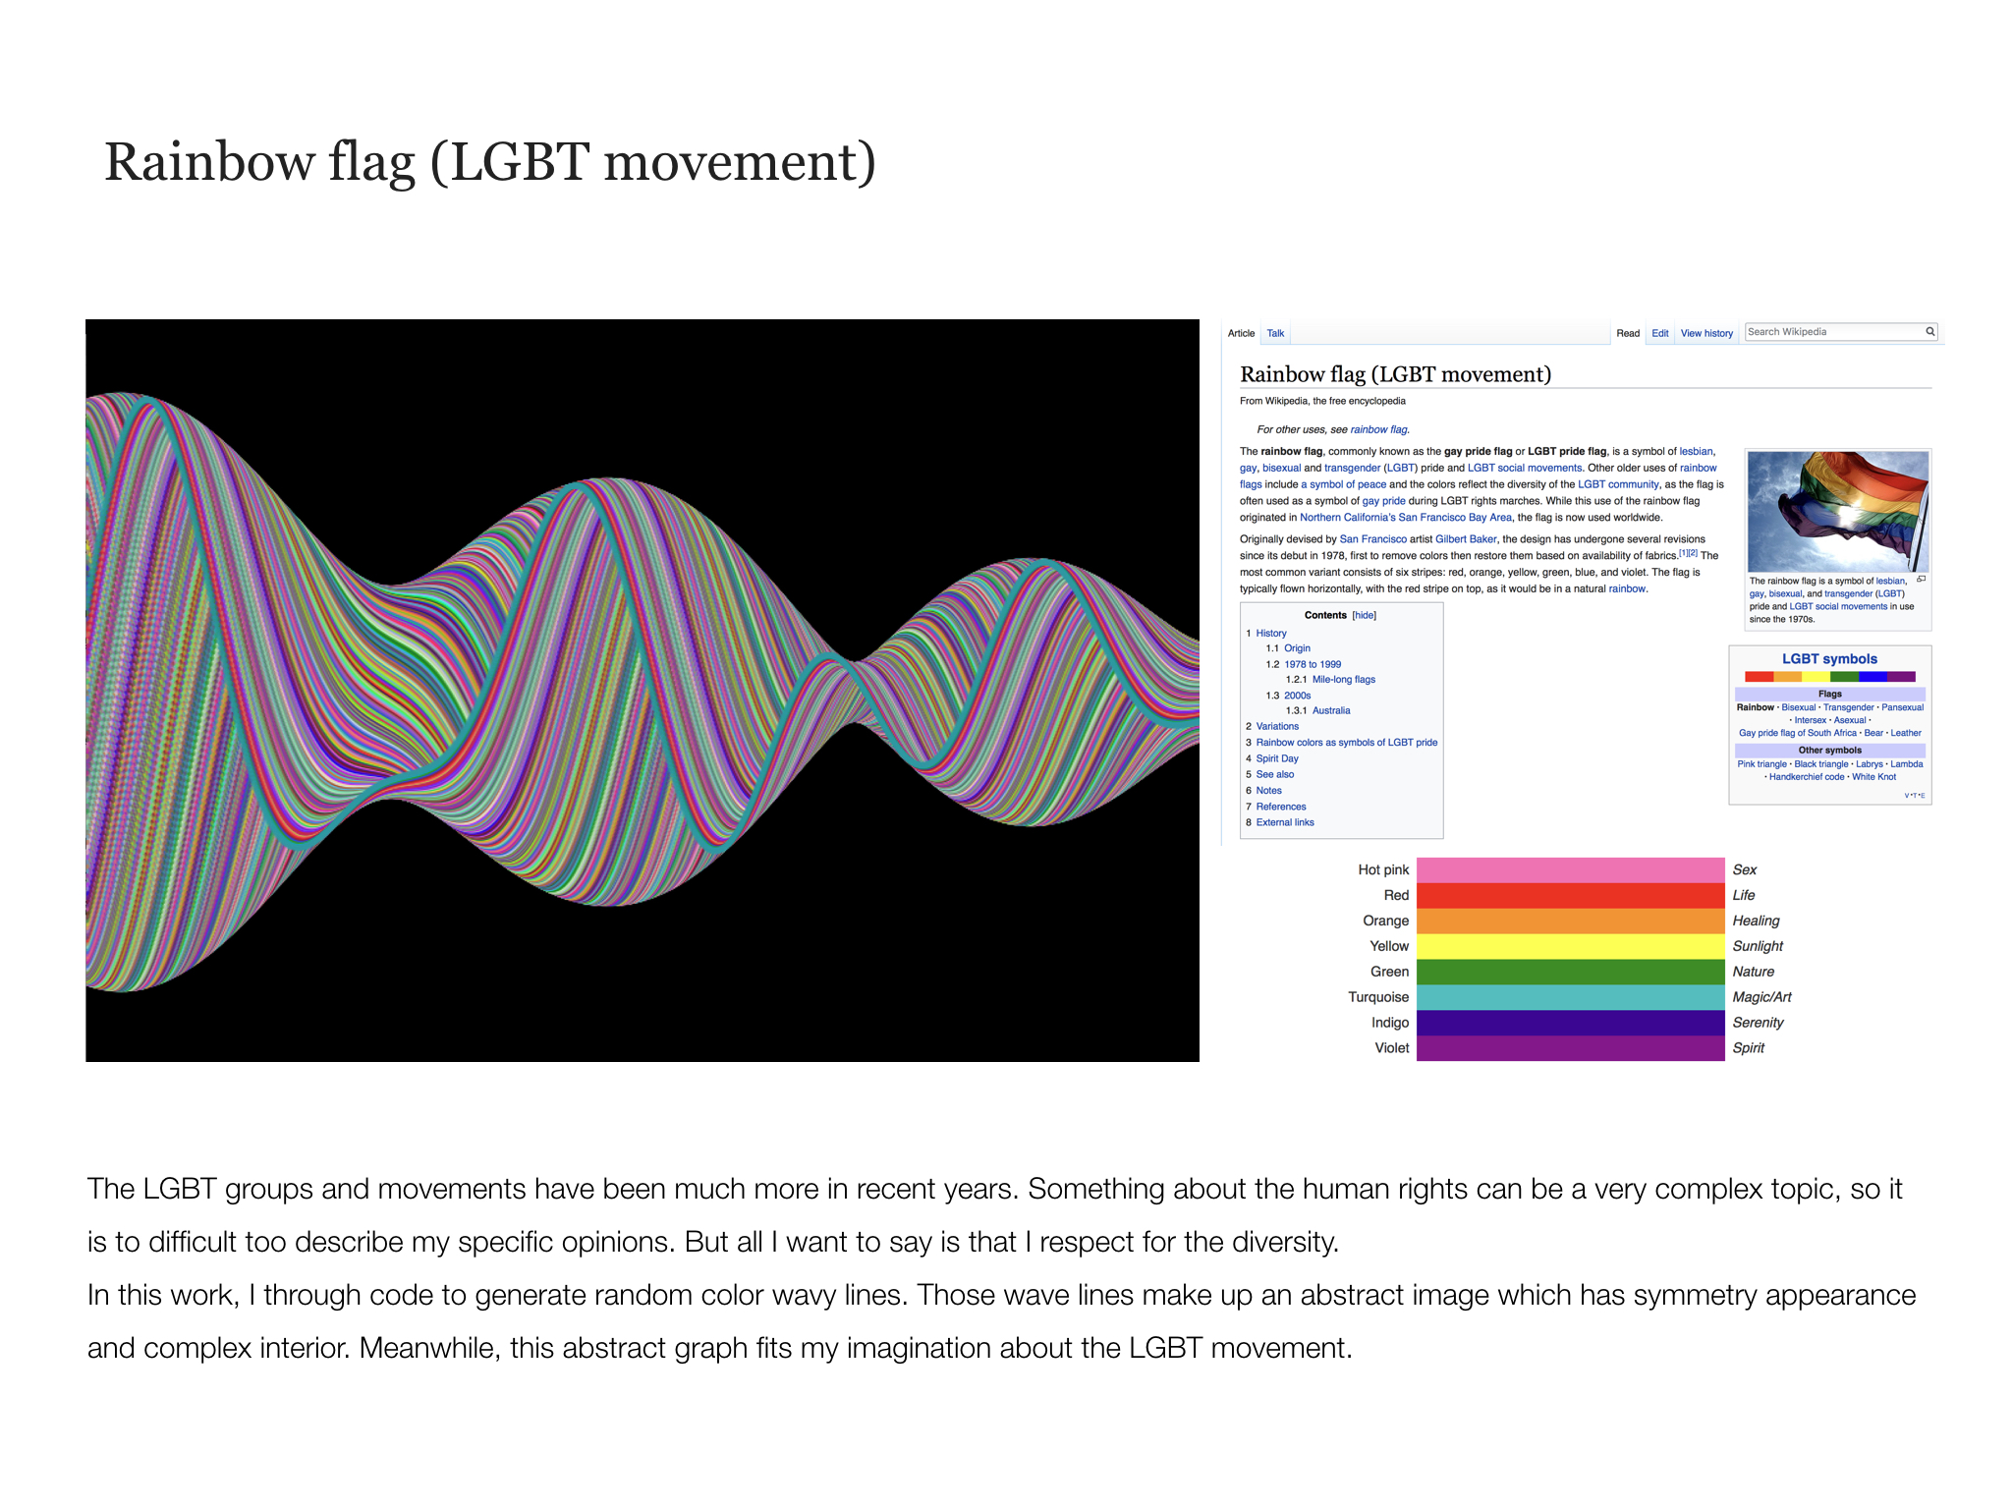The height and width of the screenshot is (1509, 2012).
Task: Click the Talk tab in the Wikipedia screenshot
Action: [x=1275, y=333]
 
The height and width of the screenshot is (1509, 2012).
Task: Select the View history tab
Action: [x=1706, y=333]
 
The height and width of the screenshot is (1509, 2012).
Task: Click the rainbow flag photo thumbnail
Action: [x=1838, y=511]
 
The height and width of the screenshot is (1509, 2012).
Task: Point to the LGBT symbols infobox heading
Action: [x=1829, y=659]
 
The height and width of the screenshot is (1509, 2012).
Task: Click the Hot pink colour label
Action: [x=1383, y=869]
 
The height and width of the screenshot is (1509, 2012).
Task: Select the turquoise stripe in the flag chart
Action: [x=1570, y=997]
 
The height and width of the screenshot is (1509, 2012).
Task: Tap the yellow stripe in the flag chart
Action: [x=1570, y=946]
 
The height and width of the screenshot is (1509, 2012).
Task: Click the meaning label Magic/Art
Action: [x=1761, y=997]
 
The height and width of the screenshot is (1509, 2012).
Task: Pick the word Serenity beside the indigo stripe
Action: [x=1758, y=1023]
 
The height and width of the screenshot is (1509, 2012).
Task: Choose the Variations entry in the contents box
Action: [x=1277, y=726]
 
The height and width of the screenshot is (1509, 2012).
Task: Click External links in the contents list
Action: [x=1285, y=822]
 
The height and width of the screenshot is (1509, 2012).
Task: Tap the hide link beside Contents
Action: [x=1365, y=615]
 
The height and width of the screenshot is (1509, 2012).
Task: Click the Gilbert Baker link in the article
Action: [x=1466, y=539]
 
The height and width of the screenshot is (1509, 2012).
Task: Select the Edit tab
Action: [x=1660, y=333]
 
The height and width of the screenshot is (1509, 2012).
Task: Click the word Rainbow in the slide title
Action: [x=208, y=162]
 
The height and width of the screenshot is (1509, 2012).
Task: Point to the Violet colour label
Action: [x=1392, y=1048]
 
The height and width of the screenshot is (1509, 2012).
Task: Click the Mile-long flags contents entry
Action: [x=1344, y=680]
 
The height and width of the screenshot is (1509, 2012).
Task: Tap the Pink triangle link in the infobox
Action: [x=1761, y=764]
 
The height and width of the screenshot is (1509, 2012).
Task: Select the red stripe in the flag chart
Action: [x=1570, y=895]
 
